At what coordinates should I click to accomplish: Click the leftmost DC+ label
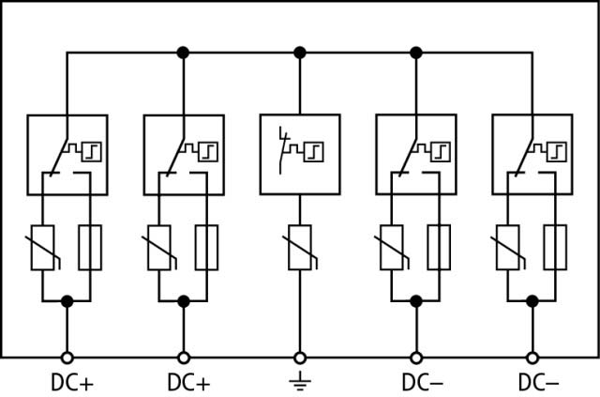(x=72, y=382)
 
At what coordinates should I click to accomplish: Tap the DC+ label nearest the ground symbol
(x=188, y=382)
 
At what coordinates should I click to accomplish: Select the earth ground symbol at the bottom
(x=300, y=381)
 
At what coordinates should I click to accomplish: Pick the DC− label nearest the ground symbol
(x=423, y=382)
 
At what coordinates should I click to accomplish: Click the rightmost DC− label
(x=539, y=382)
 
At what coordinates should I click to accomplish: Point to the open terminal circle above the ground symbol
(x=300, y=358)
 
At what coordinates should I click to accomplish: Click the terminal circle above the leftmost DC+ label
(x=67, y=358)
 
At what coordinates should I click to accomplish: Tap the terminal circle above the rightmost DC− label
(x=532, y=358)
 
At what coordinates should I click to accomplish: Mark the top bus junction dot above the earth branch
(x=300, y=53)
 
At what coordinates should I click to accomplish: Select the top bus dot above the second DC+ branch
(x=184, y=53)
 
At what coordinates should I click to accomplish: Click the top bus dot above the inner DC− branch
(x=416, y=53)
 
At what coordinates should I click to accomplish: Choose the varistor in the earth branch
(x=300, y=248)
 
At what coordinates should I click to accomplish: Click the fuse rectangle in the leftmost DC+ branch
(x=90, y=248)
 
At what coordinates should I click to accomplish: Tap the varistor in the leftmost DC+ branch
(x=42, y=248)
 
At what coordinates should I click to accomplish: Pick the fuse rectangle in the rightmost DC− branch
(x=555, y=248)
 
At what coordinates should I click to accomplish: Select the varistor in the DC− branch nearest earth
(x=392, y=248)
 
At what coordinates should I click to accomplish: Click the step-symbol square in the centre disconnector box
(x=314, y=152)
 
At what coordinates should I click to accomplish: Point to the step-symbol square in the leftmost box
(x=92, y=152)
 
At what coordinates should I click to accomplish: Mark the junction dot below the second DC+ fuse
(x=184, y=301)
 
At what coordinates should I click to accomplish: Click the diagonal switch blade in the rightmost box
(x=524, y=157)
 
